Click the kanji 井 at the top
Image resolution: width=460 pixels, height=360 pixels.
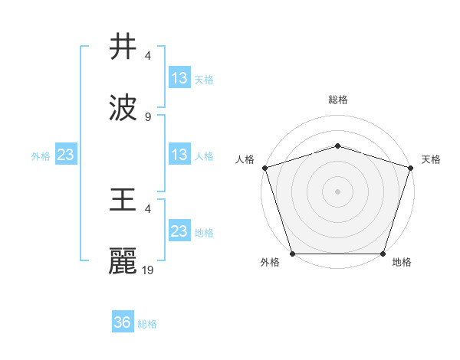123,47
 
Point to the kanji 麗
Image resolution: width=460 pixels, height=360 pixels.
123,260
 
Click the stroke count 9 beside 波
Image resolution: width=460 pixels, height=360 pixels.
148,117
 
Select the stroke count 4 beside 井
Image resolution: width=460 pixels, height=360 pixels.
148,57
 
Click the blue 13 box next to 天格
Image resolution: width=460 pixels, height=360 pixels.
179,78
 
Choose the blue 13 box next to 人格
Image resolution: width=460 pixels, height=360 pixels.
179,155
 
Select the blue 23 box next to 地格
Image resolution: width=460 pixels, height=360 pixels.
179,231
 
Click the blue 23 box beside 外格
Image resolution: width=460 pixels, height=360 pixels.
66,155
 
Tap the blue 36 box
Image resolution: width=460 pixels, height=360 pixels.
123,322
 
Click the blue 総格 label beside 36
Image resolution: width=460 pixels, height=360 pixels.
147,324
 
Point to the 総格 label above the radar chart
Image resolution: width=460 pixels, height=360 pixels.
337,100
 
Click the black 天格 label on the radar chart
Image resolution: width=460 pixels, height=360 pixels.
431,159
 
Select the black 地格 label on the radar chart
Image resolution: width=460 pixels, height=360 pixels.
402,263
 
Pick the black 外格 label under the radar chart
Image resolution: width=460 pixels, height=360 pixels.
270,263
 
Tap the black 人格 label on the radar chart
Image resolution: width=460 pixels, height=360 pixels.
245,159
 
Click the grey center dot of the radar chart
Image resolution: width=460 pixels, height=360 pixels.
337,191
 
